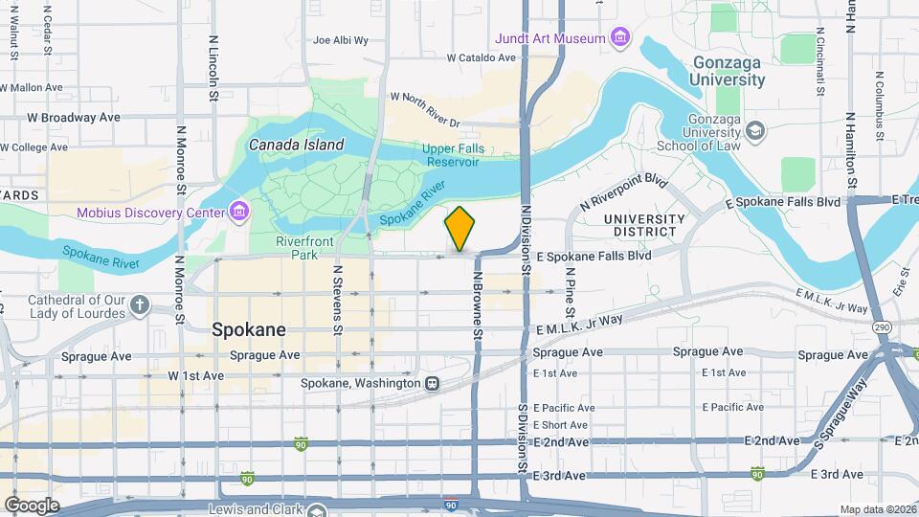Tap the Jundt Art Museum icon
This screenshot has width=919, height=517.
(x=621, y=38)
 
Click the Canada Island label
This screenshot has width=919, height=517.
(x=296, y=145)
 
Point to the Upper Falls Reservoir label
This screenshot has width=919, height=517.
(x=454, y=156)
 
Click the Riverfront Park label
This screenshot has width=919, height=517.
(x=303, y=248)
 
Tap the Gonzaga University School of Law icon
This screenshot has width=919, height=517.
(x=755, y=129)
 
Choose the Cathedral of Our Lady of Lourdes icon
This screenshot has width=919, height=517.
(x=141, y=305)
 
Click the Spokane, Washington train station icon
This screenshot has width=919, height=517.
(x=433, y=383)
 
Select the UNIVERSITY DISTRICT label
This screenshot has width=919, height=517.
(x=644, y=226)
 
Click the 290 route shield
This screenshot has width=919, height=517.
(x=880, y=327)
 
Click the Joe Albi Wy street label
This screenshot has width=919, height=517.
(x=341, y=40)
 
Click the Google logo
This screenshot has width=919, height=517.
(x=31, y=505)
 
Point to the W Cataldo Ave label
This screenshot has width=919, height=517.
(x=482, y=57)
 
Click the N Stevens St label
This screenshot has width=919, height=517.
(x=337, y=299)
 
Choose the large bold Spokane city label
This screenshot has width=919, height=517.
(x=248, y=329)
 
